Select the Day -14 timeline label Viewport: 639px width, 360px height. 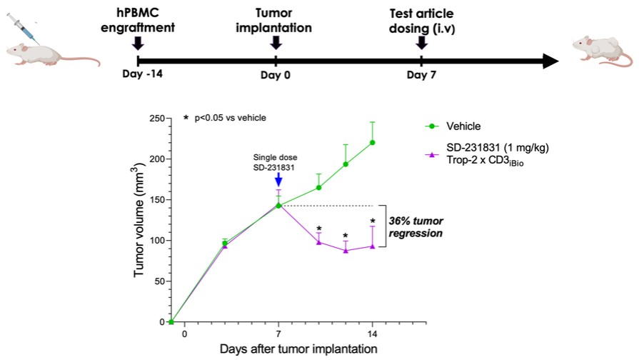click(138, 75)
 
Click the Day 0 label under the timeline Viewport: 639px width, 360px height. click(276, 75)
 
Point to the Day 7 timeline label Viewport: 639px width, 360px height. click(421, 75)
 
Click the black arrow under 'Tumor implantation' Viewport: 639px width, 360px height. click(276, 43)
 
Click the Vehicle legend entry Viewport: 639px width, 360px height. click(463, 126)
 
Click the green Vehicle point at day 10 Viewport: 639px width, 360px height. click(318, 187)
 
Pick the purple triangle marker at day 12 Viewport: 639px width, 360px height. click(346, 250)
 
